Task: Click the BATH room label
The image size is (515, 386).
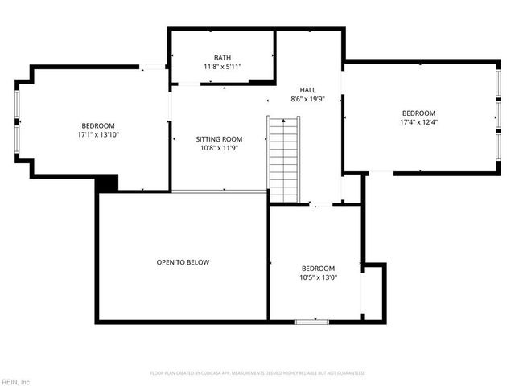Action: pos(222,58)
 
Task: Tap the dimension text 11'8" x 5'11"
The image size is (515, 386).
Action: pos(222,67)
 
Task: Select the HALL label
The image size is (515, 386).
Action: pos(307,90)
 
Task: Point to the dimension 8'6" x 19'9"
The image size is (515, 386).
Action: pos(307,99)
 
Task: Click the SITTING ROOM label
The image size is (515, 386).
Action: pos(219,139)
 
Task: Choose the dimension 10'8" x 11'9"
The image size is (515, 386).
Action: pos(219,148)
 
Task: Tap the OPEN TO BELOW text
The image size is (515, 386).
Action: pos(183,262)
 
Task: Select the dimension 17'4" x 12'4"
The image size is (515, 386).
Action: pos(418,122)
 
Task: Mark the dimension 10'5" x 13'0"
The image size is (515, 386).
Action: pos(318,277)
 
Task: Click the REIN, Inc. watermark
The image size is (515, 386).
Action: pos(16,381)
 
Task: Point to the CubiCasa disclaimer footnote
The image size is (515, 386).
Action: pos(257,373)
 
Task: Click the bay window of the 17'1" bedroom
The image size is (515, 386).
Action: pos(16,121)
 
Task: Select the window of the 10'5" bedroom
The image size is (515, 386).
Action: pos(311,322)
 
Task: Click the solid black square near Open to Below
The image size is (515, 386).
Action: pos(107,183)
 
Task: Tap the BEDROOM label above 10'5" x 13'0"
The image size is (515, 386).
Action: pos(318,269)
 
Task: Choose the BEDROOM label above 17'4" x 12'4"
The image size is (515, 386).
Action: pos(418,113)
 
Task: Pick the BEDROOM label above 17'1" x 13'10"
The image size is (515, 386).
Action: pos(98,125)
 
